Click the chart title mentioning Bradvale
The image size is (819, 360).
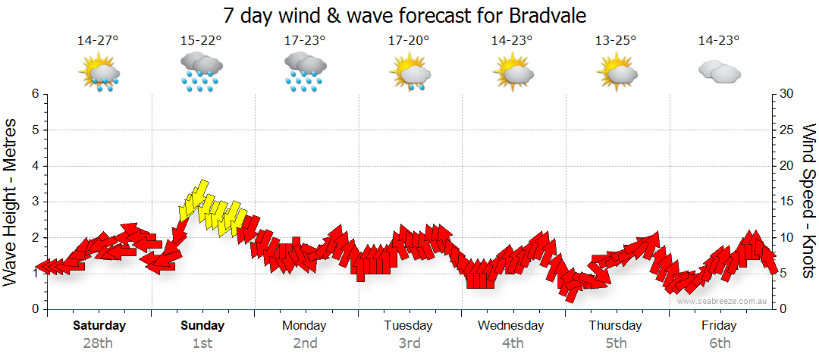pyautogui.click(x=405, y=15)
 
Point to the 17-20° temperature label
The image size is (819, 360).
pyautogui.click(x=409, y=41)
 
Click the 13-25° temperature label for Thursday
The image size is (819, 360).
pyautogui.click(x=616, y=41)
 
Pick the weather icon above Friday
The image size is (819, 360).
pyautogui.click(x=719, y=72)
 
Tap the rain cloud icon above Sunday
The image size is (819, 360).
pyautogui.click(x=200, y=72)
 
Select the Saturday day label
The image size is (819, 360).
pyautogui.click(x=99, y=326)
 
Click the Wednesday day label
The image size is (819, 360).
pyautogui.click(x=511, y=326)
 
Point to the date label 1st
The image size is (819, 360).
pyautogui.click(x=202, y=343)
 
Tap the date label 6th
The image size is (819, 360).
pyautogui.click(x=719, y=343)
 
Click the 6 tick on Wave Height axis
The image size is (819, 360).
pyautogui.click(x=35, y=94)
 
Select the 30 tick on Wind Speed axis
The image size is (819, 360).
pyautogui.click(x=787, y=94)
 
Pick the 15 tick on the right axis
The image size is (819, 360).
pyautogui.click(x=787, y=202)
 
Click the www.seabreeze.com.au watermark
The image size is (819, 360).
pyautogui.click(x=723, y=301)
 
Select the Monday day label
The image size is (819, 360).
pyautogui.click(x=304, y=326)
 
